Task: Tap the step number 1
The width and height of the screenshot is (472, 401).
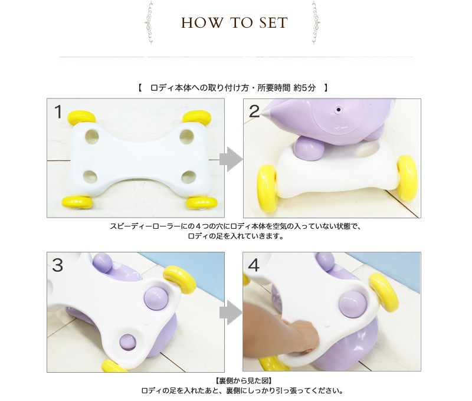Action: click(x=58, y=111)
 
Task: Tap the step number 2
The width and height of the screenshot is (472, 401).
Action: click(x=254, y=111)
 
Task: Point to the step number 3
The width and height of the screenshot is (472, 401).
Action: click(x=57, y=265)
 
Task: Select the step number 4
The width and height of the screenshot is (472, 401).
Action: click(x=254, y=265)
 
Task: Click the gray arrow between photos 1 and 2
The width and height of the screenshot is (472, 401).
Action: click(x=231, y=159)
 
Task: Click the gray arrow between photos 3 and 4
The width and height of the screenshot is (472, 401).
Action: click(x=231, y=313)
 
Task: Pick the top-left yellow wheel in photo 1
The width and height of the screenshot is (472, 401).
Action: click(x=81, y=117)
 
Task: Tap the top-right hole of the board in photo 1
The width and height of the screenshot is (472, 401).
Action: click(x=186, y=136)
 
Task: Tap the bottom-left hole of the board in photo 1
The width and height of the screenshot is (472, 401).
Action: click(x=90, y=176)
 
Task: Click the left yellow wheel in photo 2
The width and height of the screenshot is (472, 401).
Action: click(x=267, y=188)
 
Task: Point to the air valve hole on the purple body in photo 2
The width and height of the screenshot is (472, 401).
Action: click(x=338, y=110)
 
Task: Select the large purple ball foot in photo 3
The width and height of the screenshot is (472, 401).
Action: click(x=156, y=299)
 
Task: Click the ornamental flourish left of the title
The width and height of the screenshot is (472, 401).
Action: click(x=149, y=22)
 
